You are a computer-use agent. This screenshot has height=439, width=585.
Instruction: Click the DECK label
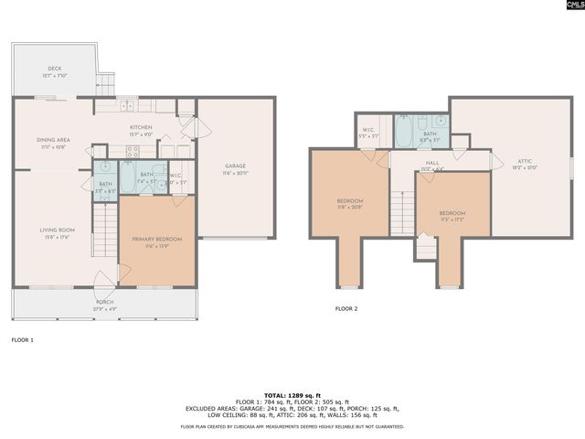tap(55, 69)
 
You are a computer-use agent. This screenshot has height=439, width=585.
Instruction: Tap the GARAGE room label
tap(235, 167)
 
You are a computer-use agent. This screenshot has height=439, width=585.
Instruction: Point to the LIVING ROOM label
tap(56, 232)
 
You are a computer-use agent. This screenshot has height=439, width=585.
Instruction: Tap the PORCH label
tap(104, 303)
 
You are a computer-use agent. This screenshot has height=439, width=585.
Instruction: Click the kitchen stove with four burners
tap(133, 152)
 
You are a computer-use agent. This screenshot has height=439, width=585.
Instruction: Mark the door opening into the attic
tap(496, 162)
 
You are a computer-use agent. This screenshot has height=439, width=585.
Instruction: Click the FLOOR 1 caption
tap(22, 339)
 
